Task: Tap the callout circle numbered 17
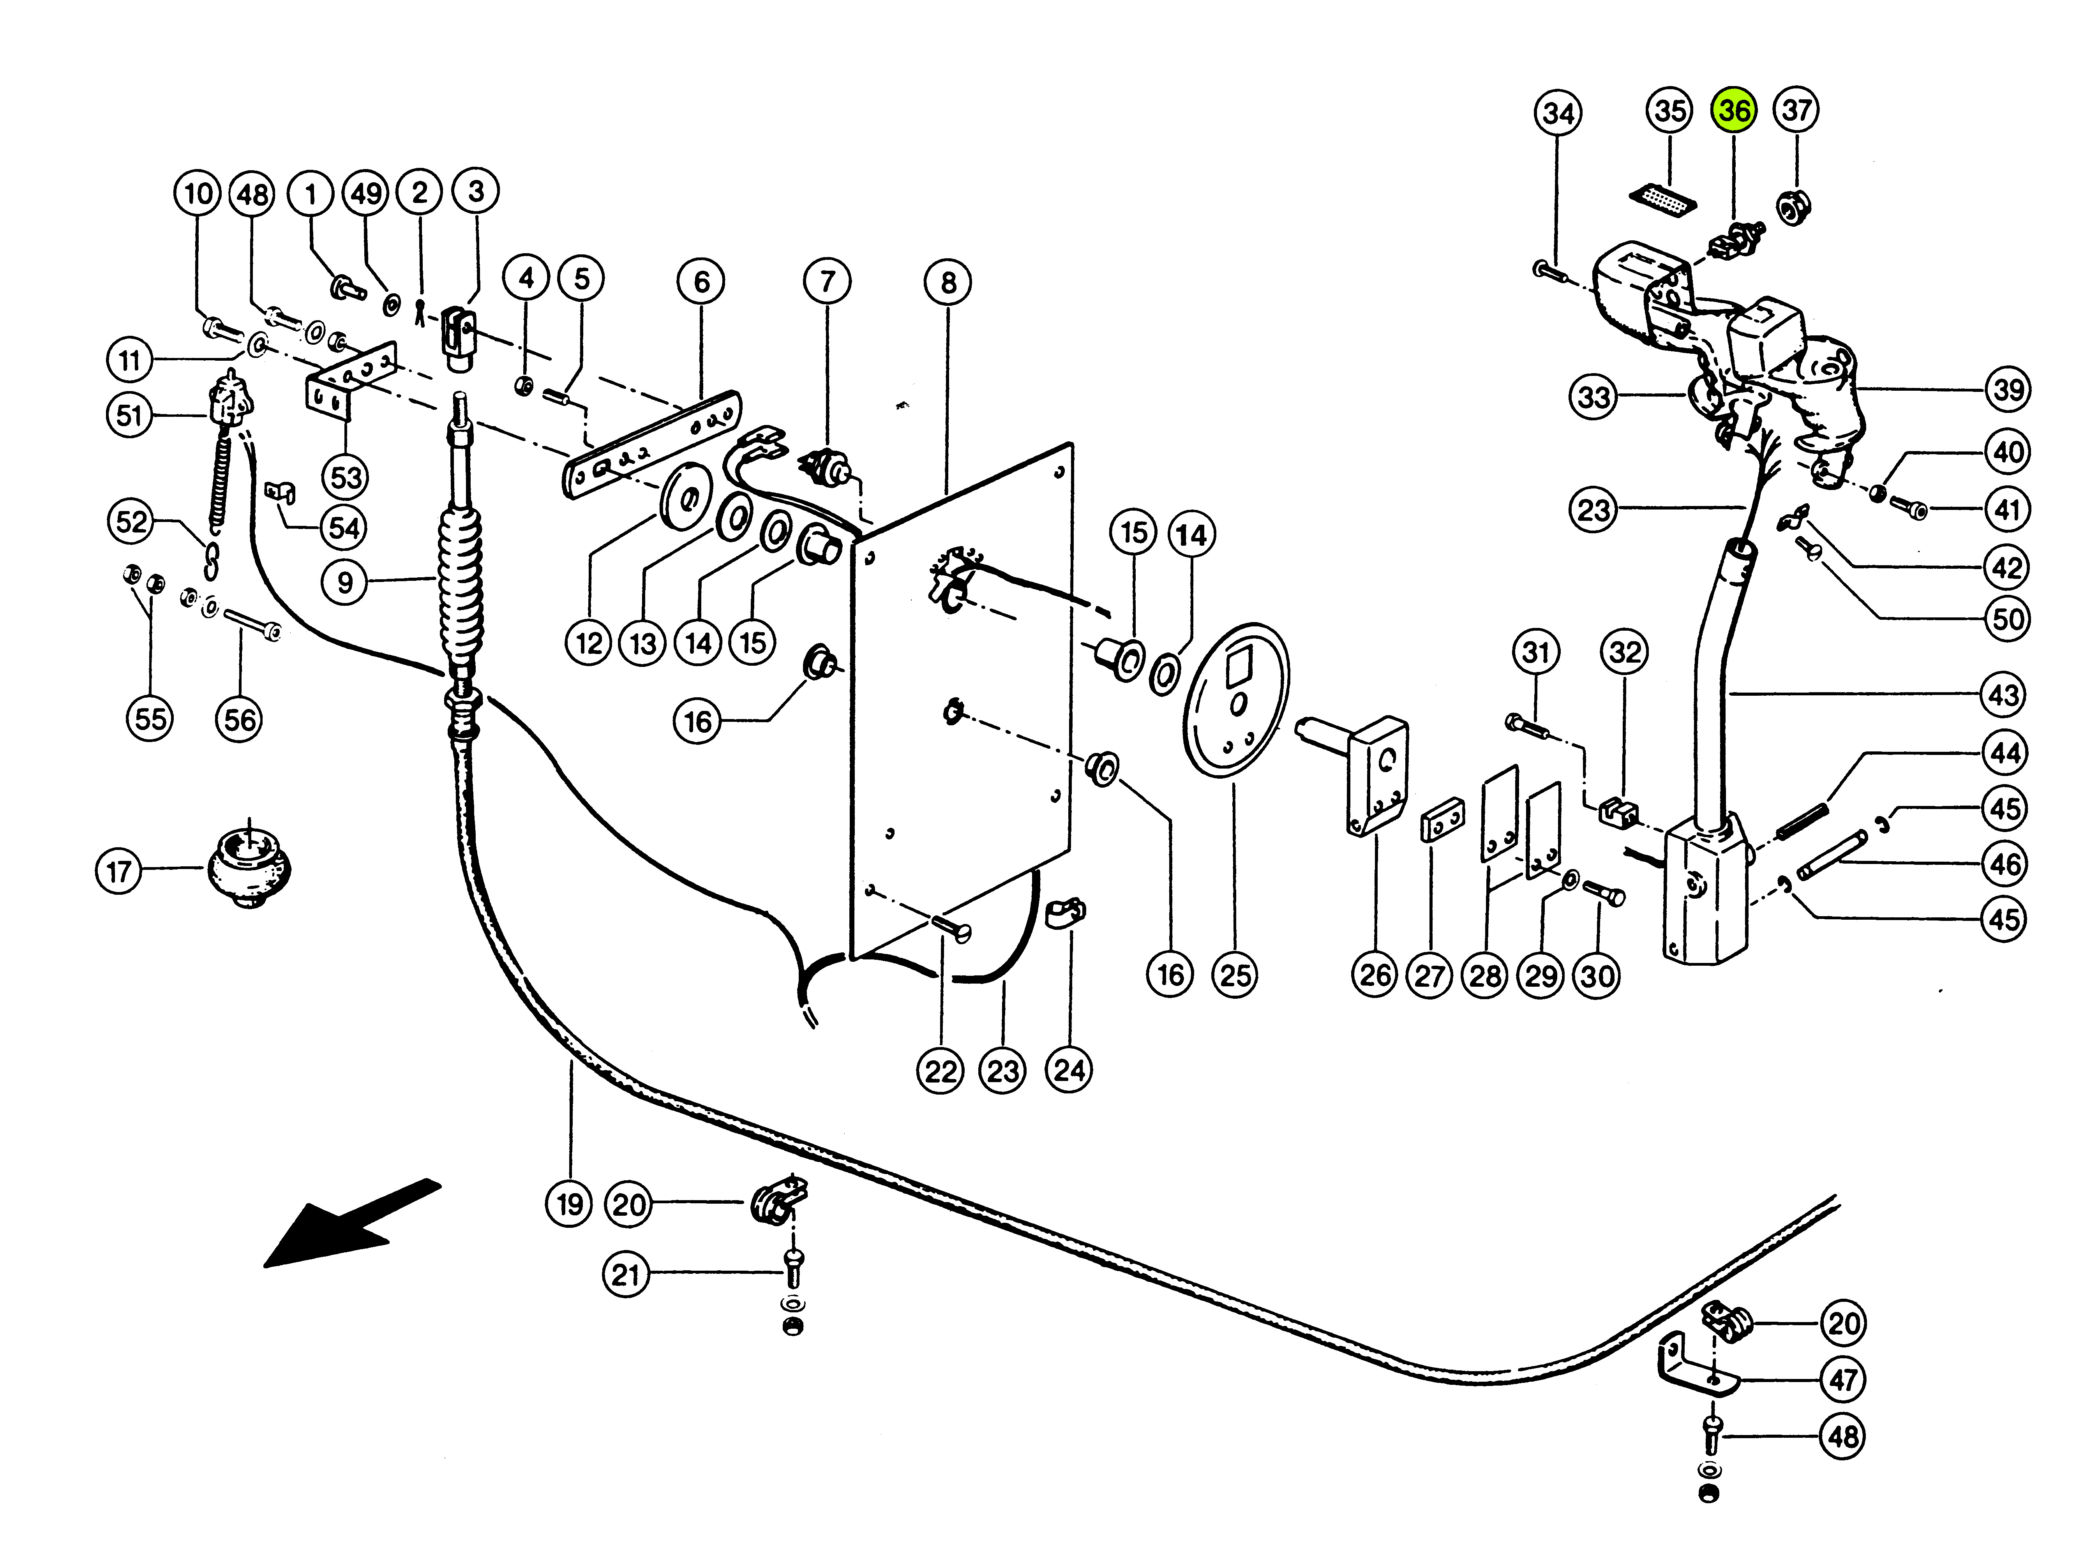click(x=118, y=871)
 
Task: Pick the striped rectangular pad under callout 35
click(x=1662, y=199)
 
